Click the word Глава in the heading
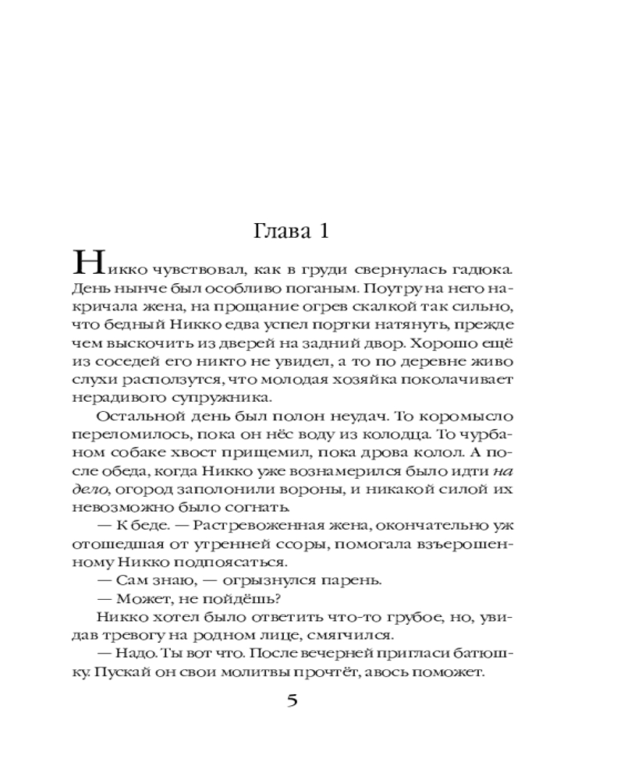[280, 232]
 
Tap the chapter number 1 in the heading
[327, 232]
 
